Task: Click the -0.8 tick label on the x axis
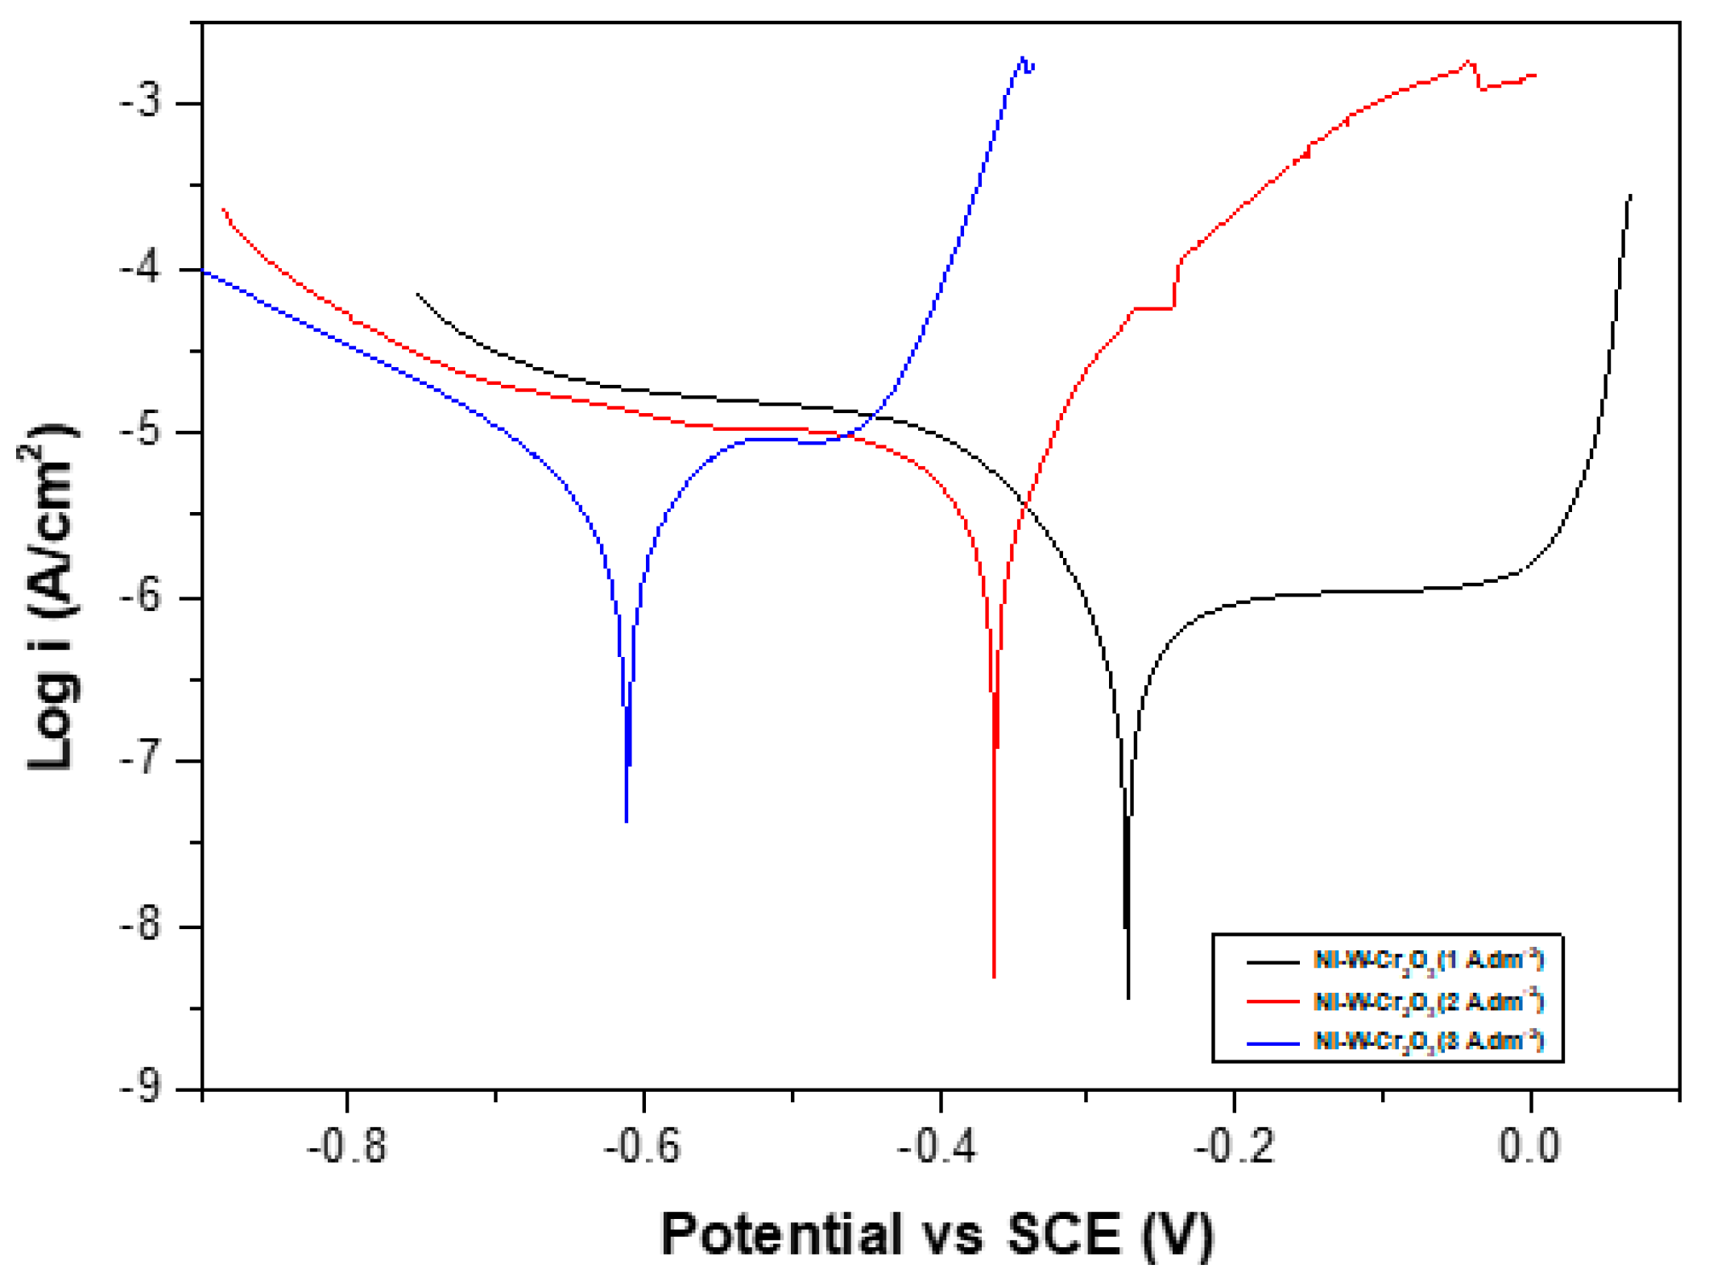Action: coord(347,1146)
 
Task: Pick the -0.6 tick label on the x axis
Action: coord(643,1146)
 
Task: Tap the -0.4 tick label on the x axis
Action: coord(939,1146)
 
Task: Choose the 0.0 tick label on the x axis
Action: coord(1529,1146)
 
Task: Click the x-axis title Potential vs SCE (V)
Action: coord(937,1233)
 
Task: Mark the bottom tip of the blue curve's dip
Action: coord(627,821)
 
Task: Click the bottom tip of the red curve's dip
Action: coord(995,977)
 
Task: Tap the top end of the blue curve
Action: coord(1024,59)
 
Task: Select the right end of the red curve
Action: coord(1535,76)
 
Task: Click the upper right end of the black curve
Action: coord(1631,196)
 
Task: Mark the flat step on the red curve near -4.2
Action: coord(1153,308)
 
